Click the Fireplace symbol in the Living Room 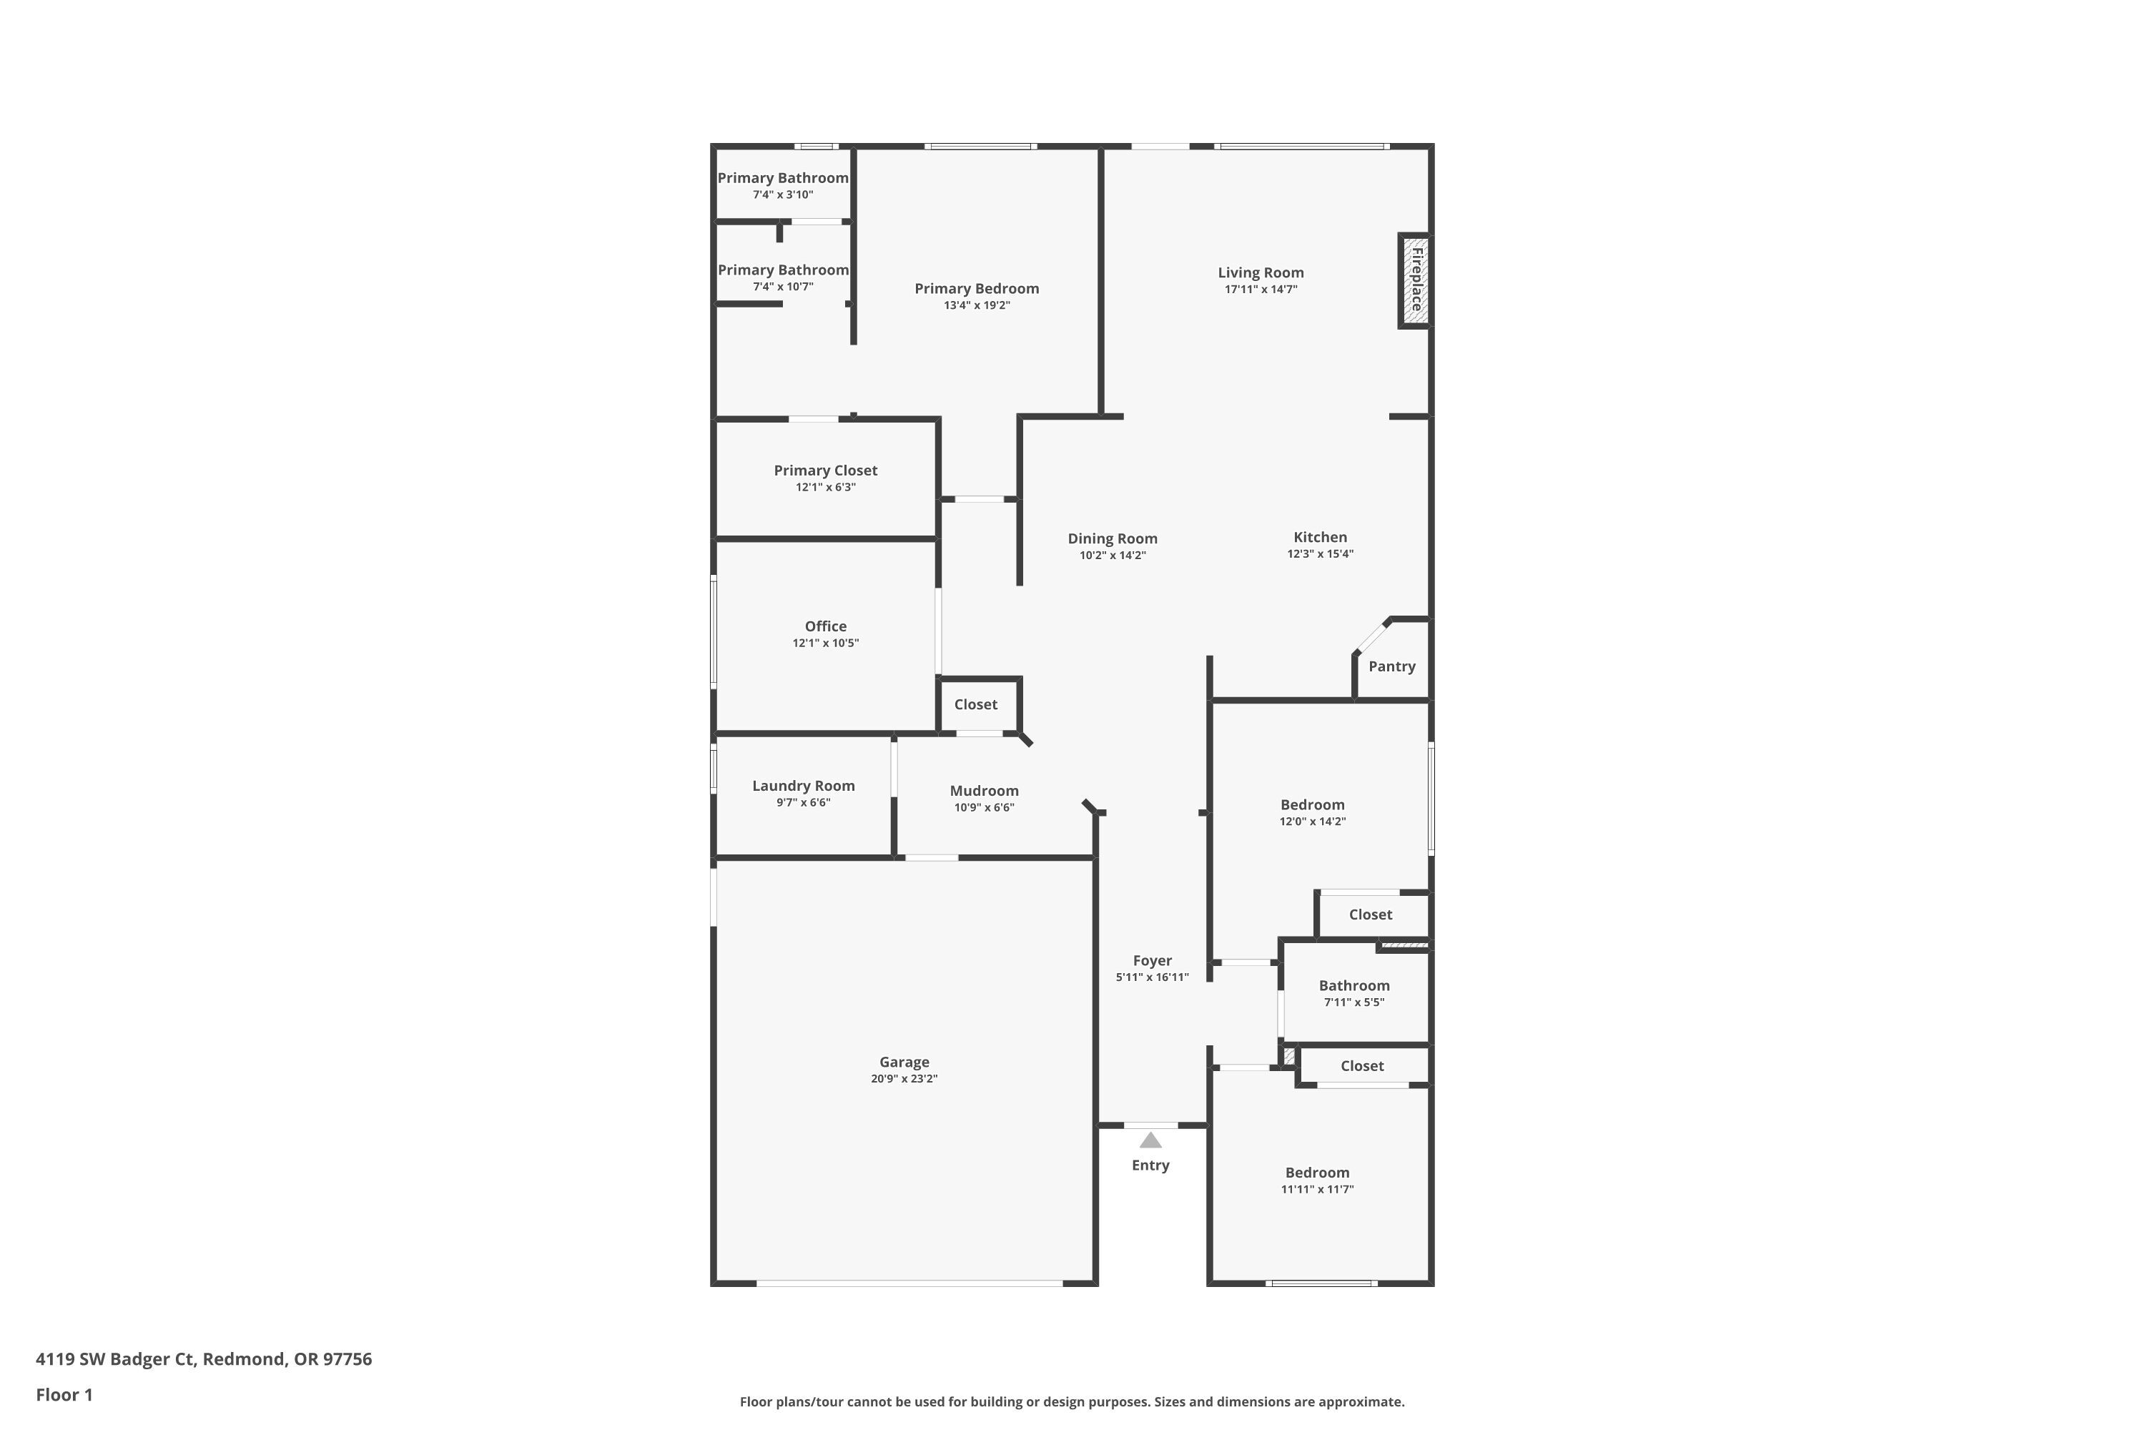(x=1414, y=280)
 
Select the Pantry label (x=1391, y=666)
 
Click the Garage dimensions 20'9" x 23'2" (x=904, y=1079)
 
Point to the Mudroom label (x=984, y=791)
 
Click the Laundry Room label (x=804, y=785)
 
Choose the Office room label (x=825, y=626)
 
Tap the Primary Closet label (x=825, y=470)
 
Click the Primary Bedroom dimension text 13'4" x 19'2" (x=977, y=305)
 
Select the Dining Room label (x=1113, y=538)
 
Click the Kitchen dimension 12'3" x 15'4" (x=1320, y=553)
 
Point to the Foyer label (x=1152, y=960)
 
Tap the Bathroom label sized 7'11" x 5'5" (x=1354, y=985)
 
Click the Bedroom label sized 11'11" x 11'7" (x=1317, y=1173)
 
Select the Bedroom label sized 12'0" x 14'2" (x=1312, y=804)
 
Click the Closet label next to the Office (x=976, y=704)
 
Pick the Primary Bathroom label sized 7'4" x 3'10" (x=782, y=178)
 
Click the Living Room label (x=1261, y=272)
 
